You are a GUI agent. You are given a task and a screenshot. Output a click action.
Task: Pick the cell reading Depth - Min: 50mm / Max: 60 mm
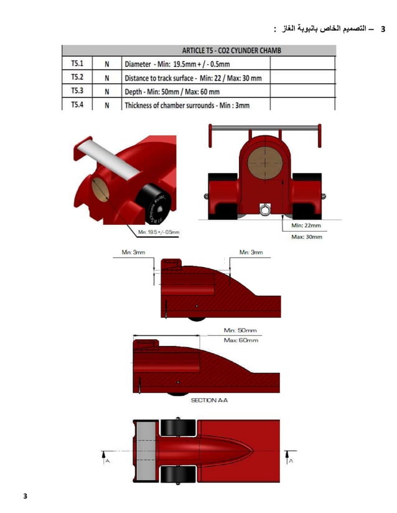172,91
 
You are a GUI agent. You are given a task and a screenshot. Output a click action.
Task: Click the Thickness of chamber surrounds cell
187,105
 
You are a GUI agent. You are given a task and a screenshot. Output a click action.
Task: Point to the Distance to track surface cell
193,78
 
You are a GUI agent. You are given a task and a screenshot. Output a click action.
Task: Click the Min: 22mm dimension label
306,225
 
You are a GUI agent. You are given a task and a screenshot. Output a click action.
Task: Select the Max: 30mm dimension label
306,237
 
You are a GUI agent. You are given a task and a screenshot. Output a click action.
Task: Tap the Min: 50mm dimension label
240,330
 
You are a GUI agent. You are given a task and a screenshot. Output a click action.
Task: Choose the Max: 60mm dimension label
240,340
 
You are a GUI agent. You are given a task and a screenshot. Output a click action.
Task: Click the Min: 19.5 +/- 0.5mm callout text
159,232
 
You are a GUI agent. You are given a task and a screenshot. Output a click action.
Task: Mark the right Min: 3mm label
251,252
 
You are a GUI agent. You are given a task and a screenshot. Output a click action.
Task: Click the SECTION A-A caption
210,401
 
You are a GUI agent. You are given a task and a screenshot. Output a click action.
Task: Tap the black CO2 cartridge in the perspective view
152,204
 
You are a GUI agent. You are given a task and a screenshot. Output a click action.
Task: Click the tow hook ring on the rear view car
266,211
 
